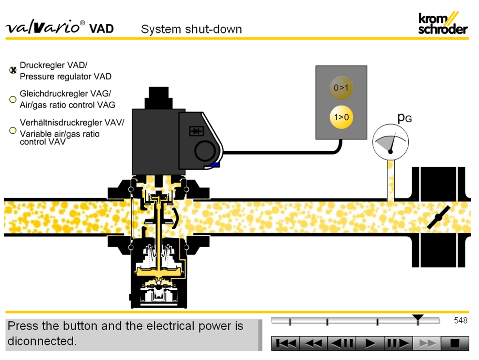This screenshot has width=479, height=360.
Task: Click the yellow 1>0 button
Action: coord(341,117)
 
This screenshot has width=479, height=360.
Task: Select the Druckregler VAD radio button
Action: coord(13,70)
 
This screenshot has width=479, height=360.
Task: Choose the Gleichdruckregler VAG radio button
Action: coord(13,99)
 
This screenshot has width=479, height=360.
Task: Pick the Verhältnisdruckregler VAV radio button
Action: coord(13,130)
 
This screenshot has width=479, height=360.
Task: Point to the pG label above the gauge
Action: coord(404,117)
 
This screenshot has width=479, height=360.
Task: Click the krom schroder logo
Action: coord(443,23)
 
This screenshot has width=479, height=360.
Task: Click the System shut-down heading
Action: coord(191,29)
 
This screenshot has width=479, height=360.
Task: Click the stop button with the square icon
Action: coord(454,343)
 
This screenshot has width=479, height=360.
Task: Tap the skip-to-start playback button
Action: coord(285,343)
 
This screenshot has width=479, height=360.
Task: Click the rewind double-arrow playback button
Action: coord(313,343)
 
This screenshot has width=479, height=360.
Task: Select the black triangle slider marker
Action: coord(418,317)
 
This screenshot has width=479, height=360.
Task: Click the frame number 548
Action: coord(460,320)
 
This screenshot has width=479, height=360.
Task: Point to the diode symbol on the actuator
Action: coord(196,131)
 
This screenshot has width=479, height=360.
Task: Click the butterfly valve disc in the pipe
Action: coord(438,217)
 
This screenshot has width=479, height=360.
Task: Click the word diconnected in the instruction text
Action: coord(42,341)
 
